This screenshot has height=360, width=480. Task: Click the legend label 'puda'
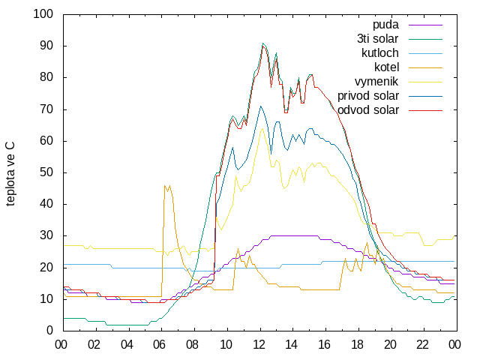[x=385, y=25]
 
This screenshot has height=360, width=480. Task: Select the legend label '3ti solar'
[x=378, y=39]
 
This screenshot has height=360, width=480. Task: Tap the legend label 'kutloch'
[x=380, y=53]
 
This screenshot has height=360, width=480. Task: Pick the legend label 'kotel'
[x=387, y=67]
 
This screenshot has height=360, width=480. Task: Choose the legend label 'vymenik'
[x=376, y=82]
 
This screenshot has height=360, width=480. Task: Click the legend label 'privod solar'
[x=368, y=96]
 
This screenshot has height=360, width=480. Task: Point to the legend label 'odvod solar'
[x=368, y=110]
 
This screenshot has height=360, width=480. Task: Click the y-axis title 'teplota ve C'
[x=10, y=174]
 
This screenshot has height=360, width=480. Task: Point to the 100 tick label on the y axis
[x=43, y=14]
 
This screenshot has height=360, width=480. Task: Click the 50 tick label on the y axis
[x=46, y=172]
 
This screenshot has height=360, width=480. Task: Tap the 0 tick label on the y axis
[x=50, y=331]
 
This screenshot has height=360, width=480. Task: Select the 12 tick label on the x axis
[x=259, y=345]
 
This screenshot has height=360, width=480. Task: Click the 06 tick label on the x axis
[x=160, y=345]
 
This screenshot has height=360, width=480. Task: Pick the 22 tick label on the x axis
[x=422, y=345]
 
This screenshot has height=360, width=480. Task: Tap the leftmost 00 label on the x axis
[x=61, y=345]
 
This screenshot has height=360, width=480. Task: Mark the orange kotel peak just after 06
[x=165, y=185]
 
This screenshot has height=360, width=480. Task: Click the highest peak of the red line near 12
[x=262, y=46]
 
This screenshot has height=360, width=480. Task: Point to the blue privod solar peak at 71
[x=260, y=106]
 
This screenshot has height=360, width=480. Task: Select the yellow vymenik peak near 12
[x=262, y=128]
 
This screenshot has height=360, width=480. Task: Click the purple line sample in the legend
[x=425, y=25]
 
